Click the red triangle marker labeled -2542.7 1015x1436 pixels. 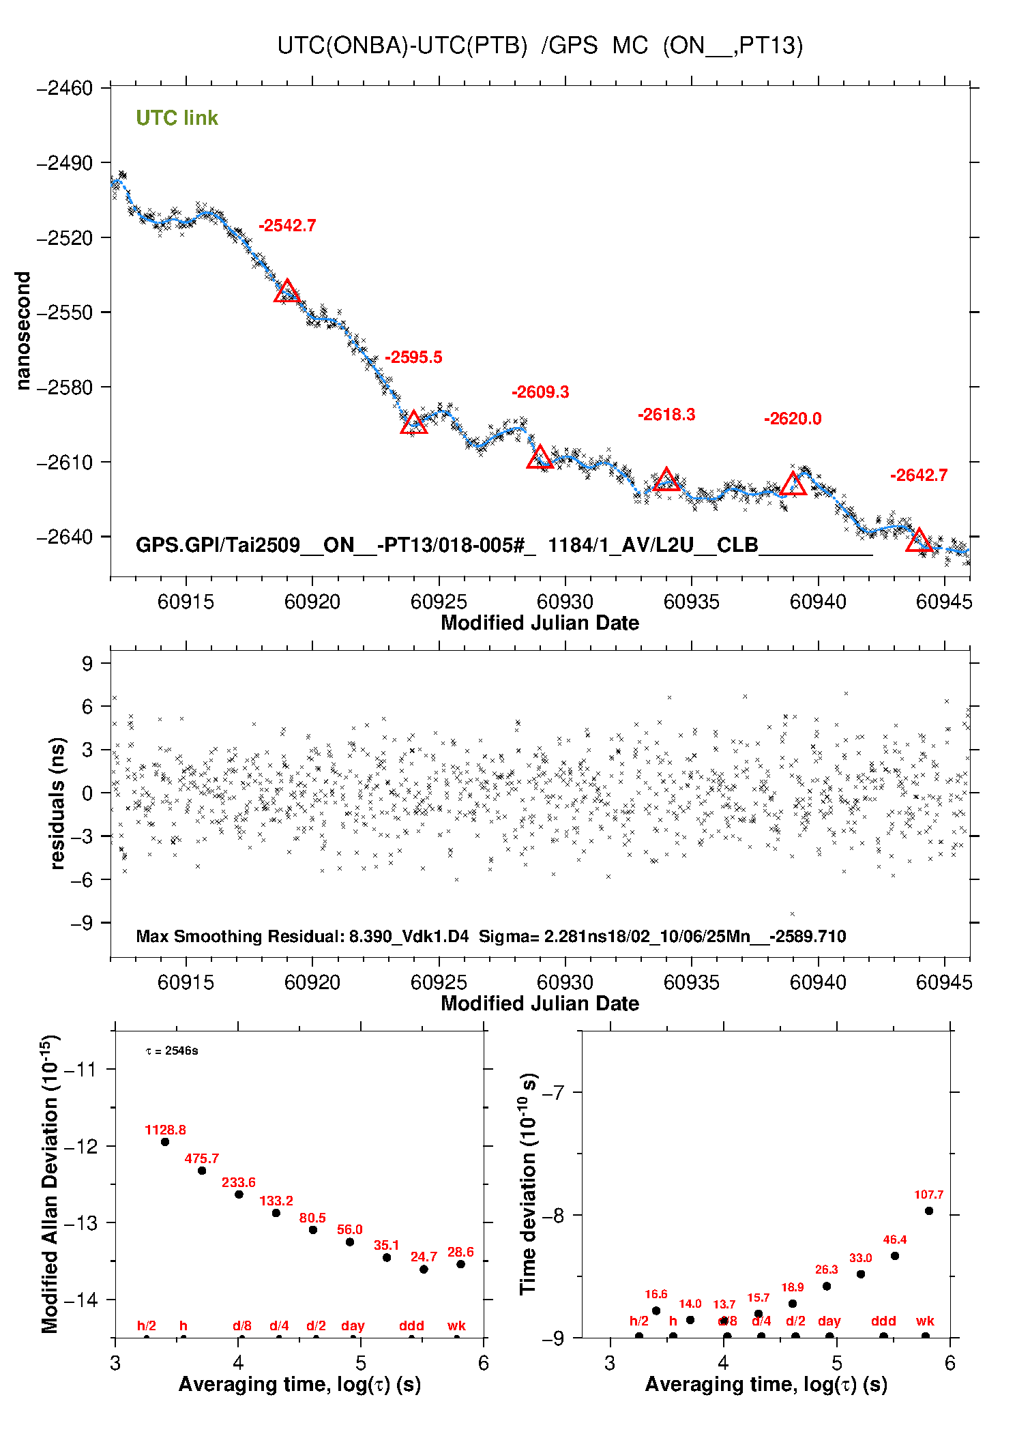point(287,292)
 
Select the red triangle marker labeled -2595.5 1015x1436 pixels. point(414,424)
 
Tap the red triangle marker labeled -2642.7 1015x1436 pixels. point(919,540)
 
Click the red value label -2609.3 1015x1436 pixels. point(540,392)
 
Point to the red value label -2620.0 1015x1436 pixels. point(793,419)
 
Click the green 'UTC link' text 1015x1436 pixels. point(177,118)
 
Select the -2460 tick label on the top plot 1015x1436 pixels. point(65,88)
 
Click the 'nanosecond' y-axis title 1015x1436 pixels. point(23,331)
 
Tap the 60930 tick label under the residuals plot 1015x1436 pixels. point(565,982)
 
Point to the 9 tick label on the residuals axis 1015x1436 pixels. point(87,663)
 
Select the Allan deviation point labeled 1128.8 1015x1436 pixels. point(165,1142)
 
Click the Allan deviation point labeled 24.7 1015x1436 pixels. point(424,1270)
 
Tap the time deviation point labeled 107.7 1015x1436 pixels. point(929,1211)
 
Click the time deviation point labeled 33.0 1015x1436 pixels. point(861,1274)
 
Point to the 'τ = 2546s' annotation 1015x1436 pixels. point(172,1051)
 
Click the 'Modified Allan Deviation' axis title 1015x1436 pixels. point(50,1184)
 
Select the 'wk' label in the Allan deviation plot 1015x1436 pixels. point(456,1325)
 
